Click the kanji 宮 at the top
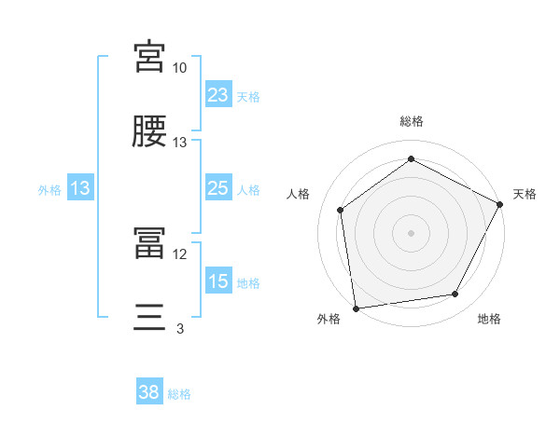(149, 58)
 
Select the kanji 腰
(149, 132)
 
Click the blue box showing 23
(218, 95)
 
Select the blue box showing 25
(218, 188)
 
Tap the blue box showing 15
(218, 281)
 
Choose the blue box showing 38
(149, 392)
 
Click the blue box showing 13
(80, 188)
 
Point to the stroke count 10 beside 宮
(179, 69)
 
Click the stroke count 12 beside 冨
(179, 253)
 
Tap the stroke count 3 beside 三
(179, 328)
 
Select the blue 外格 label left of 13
(49, 190)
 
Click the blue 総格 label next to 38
(179, 394)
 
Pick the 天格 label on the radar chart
(525, 194)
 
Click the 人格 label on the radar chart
(299, 194)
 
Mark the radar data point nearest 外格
(356, 308)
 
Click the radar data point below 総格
(411, 159)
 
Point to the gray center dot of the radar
(411, 232)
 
